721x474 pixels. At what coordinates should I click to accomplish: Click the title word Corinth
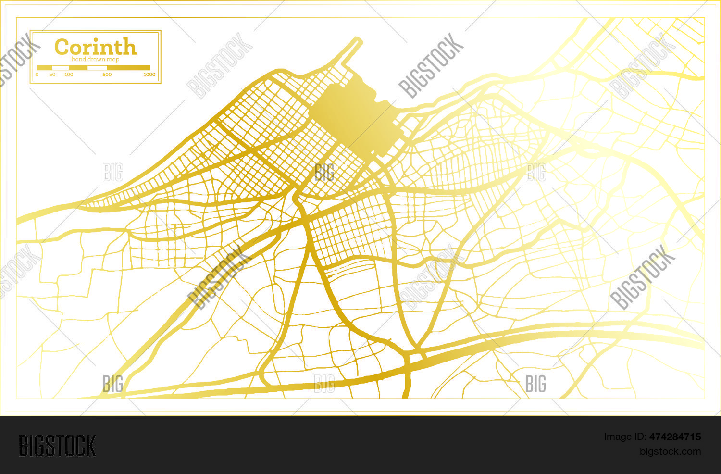tap(95, 47)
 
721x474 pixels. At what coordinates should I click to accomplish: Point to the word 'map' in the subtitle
tap(113, 59)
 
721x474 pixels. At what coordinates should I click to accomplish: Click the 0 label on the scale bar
tap(37, 75)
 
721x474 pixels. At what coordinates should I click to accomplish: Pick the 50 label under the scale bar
tap(52, 75)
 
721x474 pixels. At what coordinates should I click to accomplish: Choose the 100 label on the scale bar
tap(69, 75)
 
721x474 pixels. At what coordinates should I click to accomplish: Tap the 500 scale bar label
tap(107, 75)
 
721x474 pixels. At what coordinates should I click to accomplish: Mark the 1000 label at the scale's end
tap(149, 75)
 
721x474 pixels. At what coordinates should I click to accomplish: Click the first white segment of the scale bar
tap(60, 68)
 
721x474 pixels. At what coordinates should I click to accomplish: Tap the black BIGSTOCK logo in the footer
tap(57, 445)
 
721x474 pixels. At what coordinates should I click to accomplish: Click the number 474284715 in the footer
tap(675, 437)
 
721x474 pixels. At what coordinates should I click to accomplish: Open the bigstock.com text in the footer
tap(670, 451)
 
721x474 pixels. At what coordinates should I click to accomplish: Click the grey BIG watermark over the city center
tap(324, 172)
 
